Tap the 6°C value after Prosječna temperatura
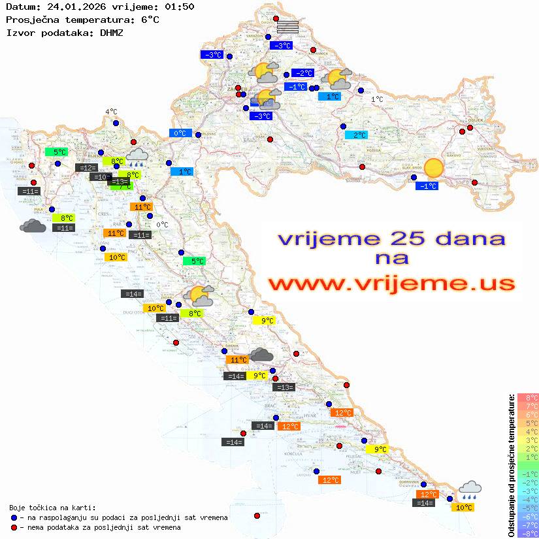tap(150, 20)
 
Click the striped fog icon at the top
tap(287, 27)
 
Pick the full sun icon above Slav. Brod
tap(433, 169)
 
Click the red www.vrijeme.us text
tap(391, 284)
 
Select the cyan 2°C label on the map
tap(356, 135)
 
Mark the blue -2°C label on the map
tap(302, 73)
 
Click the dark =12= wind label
tap(86, 168)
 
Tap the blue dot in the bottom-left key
tap(14, 517)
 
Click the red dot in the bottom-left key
tap(14, 527)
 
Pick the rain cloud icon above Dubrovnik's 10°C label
tap(470, 489)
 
